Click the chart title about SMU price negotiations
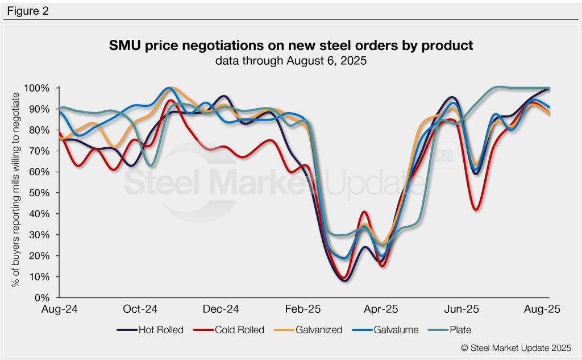point(291,45)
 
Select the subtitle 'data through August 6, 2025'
point(291,61)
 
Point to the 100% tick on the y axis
point(38,88)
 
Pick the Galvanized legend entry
point(312,330)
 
